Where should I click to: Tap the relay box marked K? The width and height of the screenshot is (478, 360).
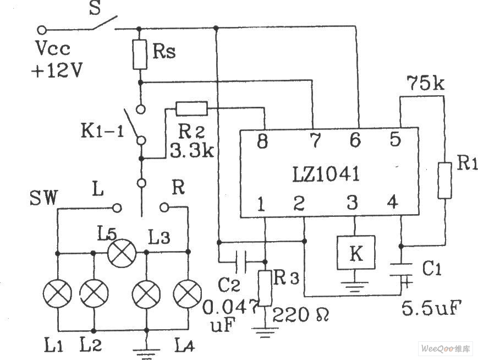pos(356,253)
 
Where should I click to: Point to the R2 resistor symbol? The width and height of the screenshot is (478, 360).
pos(191,108)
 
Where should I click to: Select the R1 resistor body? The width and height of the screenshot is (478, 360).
pos(444,180)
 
